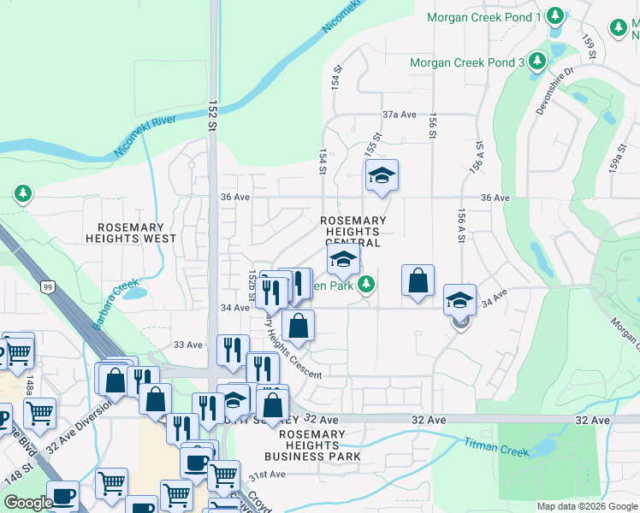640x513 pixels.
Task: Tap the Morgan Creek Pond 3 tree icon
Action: (x=537, y=62)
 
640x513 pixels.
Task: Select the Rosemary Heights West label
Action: (x=131, y=233)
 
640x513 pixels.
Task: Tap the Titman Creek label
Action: (x=497, y=446)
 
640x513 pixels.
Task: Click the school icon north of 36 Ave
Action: (x=382, y=176)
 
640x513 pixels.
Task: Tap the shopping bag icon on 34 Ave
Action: (x=418, y=280)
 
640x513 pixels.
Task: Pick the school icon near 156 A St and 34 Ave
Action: (x=459, y=300)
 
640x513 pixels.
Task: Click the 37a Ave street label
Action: (x=399, y=114)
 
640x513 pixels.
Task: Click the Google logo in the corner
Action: (x=28, y=503)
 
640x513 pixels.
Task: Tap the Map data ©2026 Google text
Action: (x=587, y=506)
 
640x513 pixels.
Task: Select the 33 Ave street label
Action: (x=187, y=345)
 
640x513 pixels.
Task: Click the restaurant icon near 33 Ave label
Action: (x=233, y=351)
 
